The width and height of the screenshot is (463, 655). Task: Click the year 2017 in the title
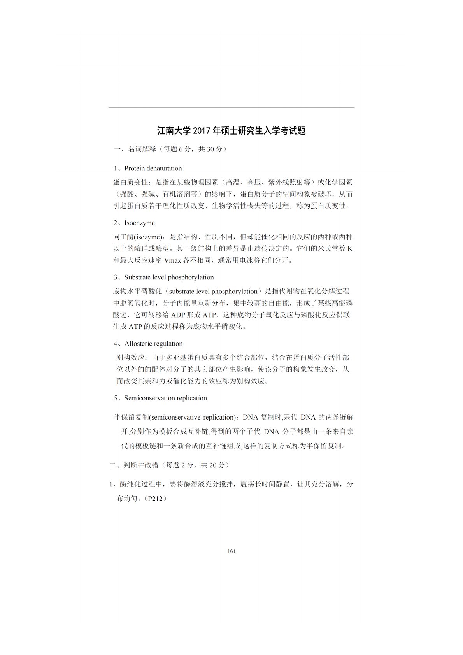202,131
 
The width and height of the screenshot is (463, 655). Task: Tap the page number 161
231,551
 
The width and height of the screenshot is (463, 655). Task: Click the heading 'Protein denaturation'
153,169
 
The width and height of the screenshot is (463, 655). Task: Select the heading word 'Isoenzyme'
139,223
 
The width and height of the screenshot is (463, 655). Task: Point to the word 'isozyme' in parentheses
149,237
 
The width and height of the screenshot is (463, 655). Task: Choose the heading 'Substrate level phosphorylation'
169,277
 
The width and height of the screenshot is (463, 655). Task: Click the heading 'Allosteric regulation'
153,344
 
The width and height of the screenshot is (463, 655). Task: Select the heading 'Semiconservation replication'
165,398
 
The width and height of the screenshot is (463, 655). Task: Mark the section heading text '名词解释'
142,149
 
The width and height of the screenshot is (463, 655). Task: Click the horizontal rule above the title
231,107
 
